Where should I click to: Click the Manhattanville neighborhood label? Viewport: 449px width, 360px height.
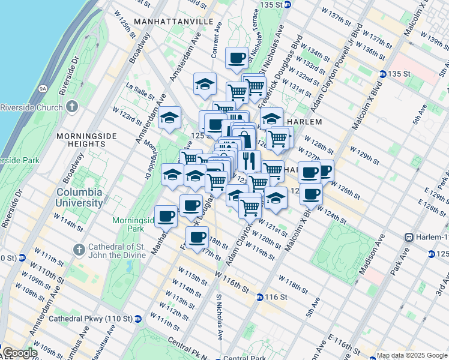pyautogui.click(x=174, y=21)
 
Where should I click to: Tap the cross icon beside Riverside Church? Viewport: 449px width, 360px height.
pyautogui.click(x=72, y=107)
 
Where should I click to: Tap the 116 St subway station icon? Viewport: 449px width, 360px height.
pyautogui.click(x=259, y=297)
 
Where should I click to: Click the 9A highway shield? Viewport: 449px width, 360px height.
pyautogui.click(x=43, y=88)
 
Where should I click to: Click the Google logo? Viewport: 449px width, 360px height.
pyautogui.click(x=19, y=353)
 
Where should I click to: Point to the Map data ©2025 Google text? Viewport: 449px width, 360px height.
pyautogui.click(x=411, y=355)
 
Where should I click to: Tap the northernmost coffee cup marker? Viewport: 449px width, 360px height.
pyautogui.click(x=237, y=58)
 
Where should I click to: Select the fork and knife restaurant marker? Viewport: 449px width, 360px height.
pyautogui.click(x=249, y=160)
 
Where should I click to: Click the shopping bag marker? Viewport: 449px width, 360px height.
pyautogui.click(x=245, y=139)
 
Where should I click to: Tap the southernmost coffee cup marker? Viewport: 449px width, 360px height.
pyautogui.click(x=197, y=237)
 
